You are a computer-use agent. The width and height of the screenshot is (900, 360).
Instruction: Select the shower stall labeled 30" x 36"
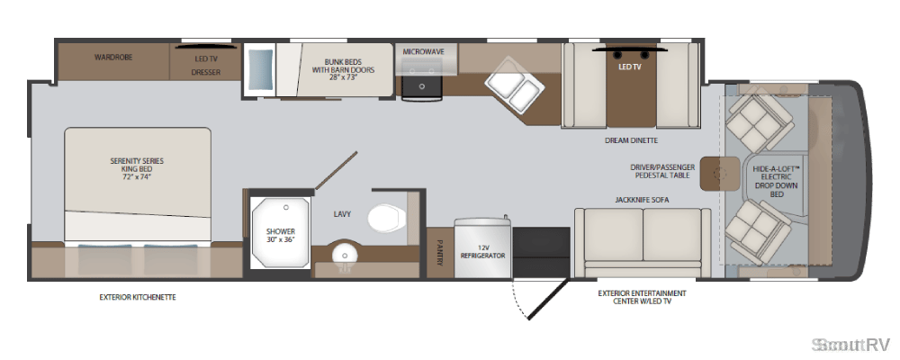click(280, 234)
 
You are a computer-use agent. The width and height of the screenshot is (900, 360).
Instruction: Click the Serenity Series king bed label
click(137, 169)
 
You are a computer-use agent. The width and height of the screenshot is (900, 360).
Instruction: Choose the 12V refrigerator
click(482, 247)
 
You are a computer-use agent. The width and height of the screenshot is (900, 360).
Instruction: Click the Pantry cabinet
click(440, 253)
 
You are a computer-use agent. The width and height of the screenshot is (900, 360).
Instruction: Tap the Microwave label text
click(423, 51)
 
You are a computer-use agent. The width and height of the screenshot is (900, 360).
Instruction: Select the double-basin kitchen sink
click(514, 85)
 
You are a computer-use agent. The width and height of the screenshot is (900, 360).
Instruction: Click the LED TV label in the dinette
click(630, 67)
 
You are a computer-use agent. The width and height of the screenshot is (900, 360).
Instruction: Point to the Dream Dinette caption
click(631, 140)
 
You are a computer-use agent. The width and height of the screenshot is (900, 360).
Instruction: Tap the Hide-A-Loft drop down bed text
click(777, 181)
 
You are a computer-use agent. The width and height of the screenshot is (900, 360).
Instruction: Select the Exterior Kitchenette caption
click(137, 297)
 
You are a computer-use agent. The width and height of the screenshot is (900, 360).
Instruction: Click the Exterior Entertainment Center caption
click(643, 297)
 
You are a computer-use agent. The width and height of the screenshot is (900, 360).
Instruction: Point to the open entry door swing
click(547, 300)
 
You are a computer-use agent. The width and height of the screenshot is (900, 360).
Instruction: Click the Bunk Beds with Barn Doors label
click(343, 69)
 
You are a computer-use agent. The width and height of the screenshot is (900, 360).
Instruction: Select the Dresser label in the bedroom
click(205, 72)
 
